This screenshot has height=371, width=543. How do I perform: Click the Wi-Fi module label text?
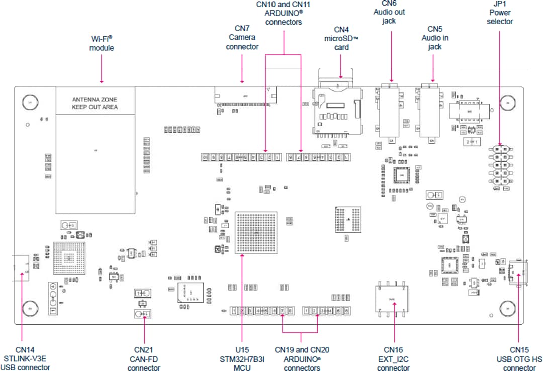tap(102, 43)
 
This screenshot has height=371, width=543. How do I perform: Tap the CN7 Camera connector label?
tap(242, 38)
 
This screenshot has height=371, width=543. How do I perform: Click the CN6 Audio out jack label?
tap(389, 12)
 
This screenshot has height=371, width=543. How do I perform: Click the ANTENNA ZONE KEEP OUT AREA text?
tap(95, 103)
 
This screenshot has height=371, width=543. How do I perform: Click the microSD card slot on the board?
tap(337, 111)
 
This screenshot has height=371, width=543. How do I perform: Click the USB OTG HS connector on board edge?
tap(518, 273)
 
